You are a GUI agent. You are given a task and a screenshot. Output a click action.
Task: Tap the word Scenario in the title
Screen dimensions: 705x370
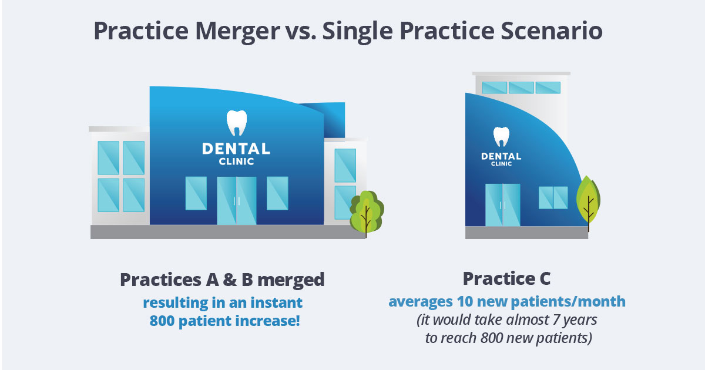552,31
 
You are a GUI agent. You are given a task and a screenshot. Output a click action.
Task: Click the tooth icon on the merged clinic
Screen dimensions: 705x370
237,123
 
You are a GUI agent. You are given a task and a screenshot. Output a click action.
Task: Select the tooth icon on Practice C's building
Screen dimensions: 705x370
501,137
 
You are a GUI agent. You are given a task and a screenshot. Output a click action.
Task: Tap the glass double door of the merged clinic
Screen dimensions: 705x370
237,201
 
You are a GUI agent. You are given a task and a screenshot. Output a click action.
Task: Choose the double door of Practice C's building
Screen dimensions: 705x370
503,205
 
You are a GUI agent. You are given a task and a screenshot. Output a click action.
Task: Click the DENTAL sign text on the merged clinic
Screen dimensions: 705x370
236,149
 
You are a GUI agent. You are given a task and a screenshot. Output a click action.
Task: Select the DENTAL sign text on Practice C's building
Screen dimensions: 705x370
501,156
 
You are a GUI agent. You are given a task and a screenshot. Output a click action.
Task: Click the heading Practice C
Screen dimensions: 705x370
506,279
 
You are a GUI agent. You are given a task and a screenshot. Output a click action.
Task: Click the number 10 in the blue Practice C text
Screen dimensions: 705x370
465,301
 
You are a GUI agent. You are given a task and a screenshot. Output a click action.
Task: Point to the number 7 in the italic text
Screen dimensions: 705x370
556,319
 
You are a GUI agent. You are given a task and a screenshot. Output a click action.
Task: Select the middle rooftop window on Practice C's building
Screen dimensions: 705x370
521,88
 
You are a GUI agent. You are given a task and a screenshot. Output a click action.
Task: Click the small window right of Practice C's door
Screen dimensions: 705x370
553,197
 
